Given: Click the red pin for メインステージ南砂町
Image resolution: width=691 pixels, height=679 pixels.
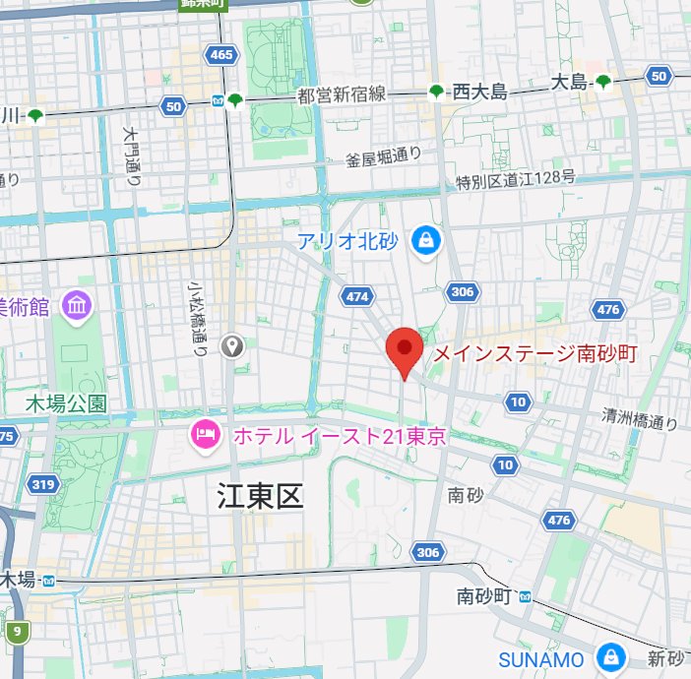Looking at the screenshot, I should click(404, 351).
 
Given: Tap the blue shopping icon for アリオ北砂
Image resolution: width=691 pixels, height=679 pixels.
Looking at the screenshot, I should click(426, 239).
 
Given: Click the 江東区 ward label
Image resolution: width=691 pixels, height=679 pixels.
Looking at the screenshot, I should click(261, 497).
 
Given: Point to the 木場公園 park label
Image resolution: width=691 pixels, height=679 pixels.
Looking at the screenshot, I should click(67, 403).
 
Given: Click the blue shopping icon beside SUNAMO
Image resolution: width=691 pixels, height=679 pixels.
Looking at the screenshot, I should click(610, 657).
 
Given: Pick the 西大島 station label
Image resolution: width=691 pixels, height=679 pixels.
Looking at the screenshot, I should click(479, 93).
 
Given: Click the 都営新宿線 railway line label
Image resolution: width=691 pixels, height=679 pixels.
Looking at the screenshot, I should click(341, 94).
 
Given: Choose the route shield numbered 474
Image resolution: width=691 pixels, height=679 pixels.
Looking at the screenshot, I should click(356, 296).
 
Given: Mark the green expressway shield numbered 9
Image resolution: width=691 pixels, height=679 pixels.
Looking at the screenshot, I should click(17, 631).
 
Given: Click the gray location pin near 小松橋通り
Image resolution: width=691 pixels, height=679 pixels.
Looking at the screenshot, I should click(232, 345).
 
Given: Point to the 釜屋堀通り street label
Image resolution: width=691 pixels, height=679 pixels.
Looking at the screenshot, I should click(384, 156).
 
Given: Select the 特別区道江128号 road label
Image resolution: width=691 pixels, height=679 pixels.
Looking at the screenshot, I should click(515, 181).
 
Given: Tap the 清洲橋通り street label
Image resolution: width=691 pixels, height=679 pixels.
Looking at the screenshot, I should click(640, 419).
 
